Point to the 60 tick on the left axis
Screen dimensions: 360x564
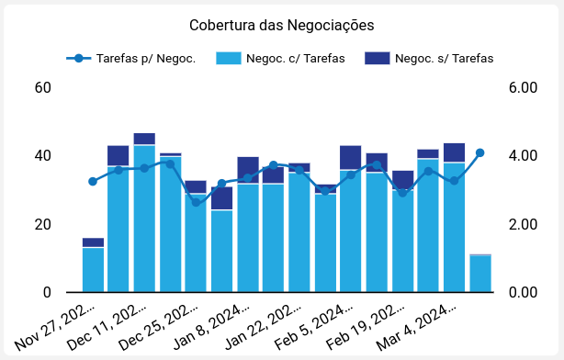[42, 88]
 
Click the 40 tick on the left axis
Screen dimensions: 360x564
[42, 156]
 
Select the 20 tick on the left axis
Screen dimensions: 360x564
[42, 225]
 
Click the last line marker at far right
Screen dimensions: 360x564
[479, 153]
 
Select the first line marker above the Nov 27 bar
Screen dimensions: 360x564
[93, 182]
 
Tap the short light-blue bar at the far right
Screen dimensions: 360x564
[479, 274]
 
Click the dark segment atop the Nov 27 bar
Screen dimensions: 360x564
[93, 242]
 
